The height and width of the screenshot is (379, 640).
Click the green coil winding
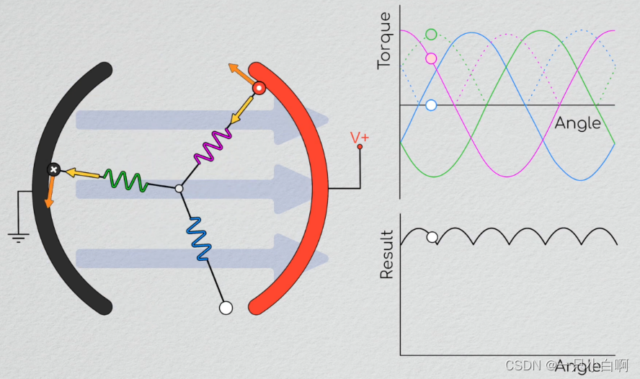click(x=126, y=180)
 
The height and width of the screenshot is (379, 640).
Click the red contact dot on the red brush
click(x=259, y=89)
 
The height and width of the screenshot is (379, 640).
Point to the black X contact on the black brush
click(x=53, y=169)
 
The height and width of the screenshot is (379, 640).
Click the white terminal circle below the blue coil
click(x=226, y=308)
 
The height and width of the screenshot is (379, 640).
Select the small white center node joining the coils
click(x=179, y=189)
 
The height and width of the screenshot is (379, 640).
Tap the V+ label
click(x=360, y=137)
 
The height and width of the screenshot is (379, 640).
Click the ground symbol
click(x=19, y=236)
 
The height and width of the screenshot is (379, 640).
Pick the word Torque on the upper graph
click(x=384, y=40)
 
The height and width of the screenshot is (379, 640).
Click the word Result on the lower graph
click(x=386, y=254)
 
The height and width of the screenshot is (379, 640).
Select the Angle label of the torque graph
click(x=577, y=123)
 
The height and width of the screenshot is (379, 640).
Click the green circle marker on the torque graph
click(x=431, y=34)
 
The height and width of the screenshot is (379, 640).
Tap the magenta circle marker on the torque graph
click(x=431, y=58)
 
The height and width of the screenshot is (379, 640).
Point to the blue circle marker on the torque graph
click(x=431, y=105)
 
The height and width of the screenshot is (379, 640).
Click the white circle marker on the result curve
click(x=432, y=237)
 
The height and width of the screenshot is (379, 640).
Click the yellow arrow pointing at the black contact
click(x=82, y=173)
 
